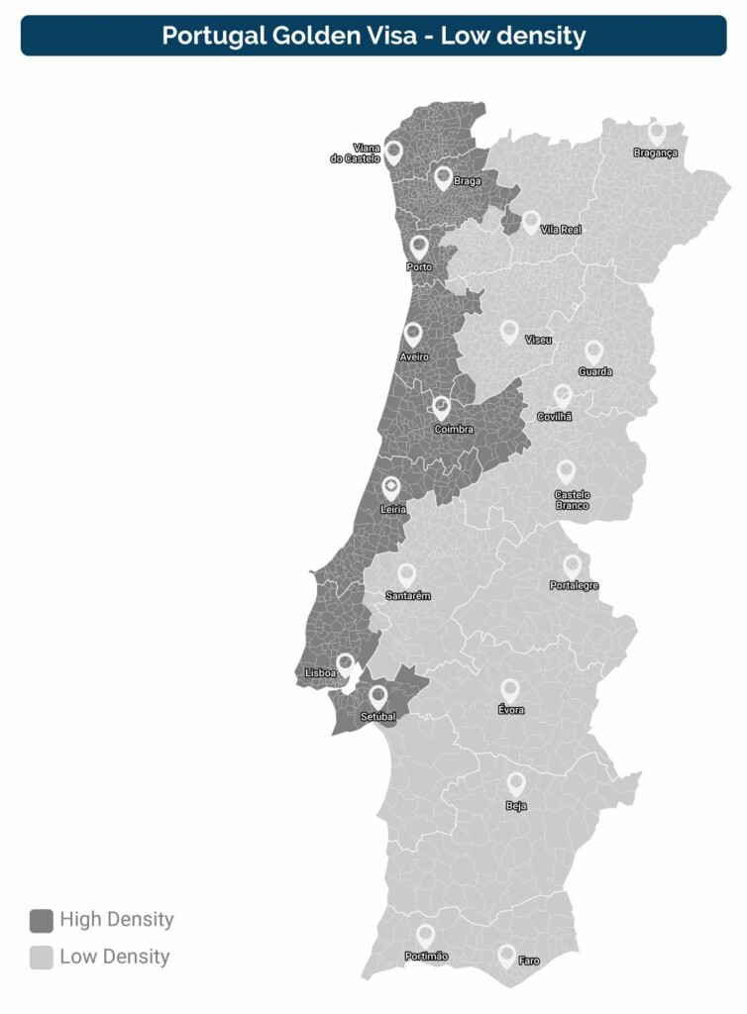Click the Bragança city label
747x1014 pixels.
point(656,152)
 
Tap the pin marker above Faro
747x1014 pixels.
point(506,955)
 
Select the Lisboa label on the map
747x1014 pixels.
point(320,673)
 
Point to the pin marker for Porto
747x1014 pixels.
point(419,246)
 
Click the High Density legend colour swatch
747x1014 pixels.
point(41,920)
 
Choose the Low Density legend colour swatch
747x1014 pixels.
point(41,958)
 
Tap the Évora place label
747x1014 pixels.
point(511,710)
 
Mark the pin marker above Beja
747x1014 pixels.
point(516,782)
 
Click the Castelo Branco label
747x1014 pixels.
point(572,500)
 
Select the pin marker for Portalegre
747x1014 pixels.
point(572,565)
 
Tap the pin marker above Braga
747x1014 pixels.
point(443,177)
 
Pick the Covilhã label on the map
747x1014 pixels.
point(555,417)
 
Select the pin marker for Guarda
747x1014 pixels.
point(593,351)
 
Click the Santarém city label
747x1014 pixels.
point(408,595)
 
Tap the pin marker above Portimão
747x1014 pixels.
point(425,934)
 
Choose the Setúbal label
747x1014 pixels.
point(378,716)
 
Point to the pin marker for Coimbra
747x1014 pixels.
point(442,407)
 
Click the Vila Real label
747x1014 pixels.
point(561,230)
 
